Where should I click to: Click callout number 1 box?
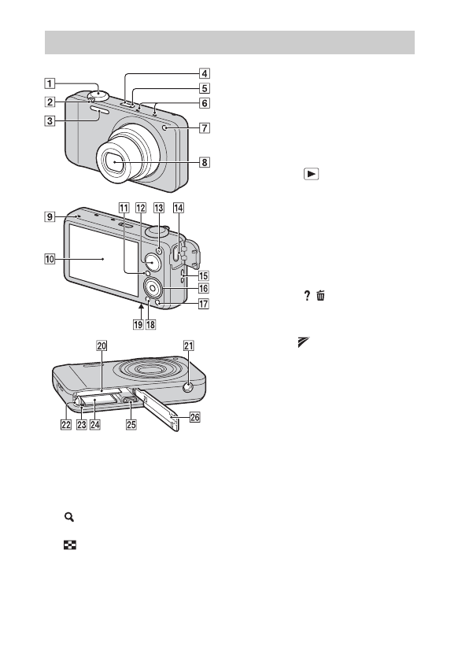click(50, 83)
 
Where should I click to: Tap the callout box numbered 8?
click(205, 162)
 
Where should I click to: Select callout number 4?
click(205, 73)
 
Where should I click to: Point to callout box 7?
click(205, 127)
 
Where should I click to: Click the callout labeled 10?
click(50, 258)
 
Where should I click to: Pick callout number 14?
click(179, 208)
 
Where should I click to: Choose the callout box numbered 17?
click(204, 304)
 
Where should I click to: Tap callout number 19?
click(138, 324)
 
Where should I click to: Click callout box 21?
click(188, 346)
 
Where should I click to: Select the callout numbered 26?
click(194, 417)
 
